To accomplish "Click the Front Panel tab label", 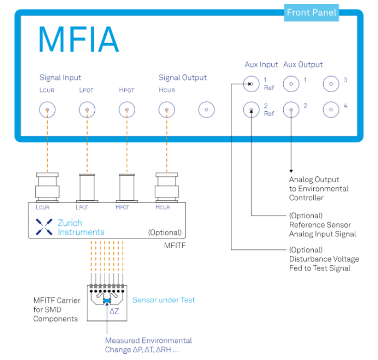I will [312, 13].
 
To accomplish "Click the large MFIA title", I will [78, 40].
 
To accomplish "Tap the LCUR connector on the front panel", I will [47, 110].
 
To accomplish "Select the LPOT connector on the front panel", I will [87, 110].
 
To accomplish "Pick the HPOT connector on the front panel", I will [127, 110].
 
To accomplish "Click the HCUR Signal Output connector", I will [167, 110].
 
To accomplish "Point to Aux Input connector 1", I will [251, 85].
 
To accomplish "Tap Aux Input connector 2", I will [251, 110].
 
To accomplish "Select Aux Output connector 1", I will [290, 85].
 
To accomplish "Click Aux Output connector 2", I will [290, 110].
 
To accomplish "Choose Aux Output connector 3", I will [330, 85].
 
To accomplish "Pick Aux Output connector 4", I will [330, 110].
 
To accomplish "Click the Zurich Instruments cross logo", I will [44, 227].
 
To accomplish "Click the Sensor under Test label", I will [163, 300].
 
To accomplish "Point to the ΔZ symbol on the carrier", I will [114, 311].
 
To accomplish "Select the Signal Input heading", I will [60, 78].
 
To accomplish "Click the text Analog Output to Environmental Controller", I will [318, 188].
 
